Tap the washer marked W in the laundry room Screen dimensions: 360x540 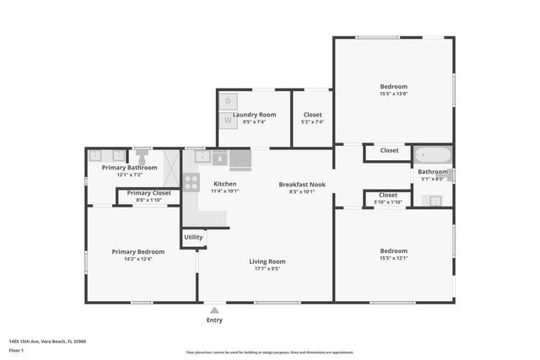pyautogui.click(x=227, y=120)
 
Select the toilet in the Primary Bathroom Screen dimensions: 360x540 pyautogui.click(x=142, y=158)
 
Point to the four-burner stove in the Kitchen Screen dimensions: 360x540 pyautogui.click(x=192, y=180)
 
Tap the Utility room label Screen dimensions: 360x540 pyautogui.click(x=193, y=238)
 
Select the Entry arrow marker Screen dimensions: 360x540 pyautogui.click(x=214, y=310)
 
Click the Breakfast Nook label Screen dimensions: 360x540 pyautogui.click(x=302, y=184)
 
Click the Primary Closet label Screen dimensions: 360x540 pyautogui.click(x=148, y=193)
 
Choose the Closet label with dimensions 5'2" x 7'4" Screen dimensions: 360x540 pyautogui.click(x=312, y=121)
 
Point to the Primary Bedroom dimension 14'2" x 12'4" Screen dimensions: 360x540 pyautogui.click(x=138, y=260)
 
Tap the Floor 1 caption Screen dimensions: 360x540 pyautogui.click(x=16, y=350)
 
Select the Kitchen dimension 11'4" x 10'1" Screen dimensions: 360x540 pyautogui.click(x=224, y=191)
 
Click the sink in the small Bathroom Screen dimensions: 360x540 pyautogui.click(x=434, y=201)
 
